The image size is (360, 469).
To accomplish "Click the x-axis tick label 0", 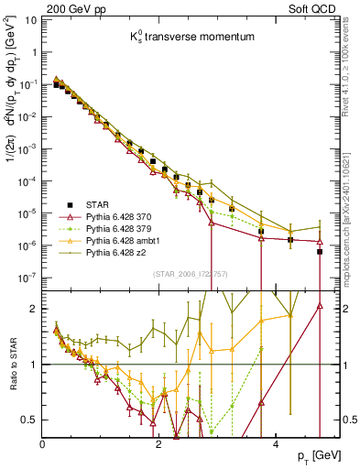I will (44, 443).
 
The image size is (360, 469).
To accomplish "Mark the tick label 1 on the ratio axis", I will (35, 365).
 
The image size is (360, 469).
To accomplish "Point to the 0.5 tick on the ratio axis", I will (30, 420).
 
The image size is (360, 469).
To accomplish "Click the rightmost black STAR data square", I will (319, 252).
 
